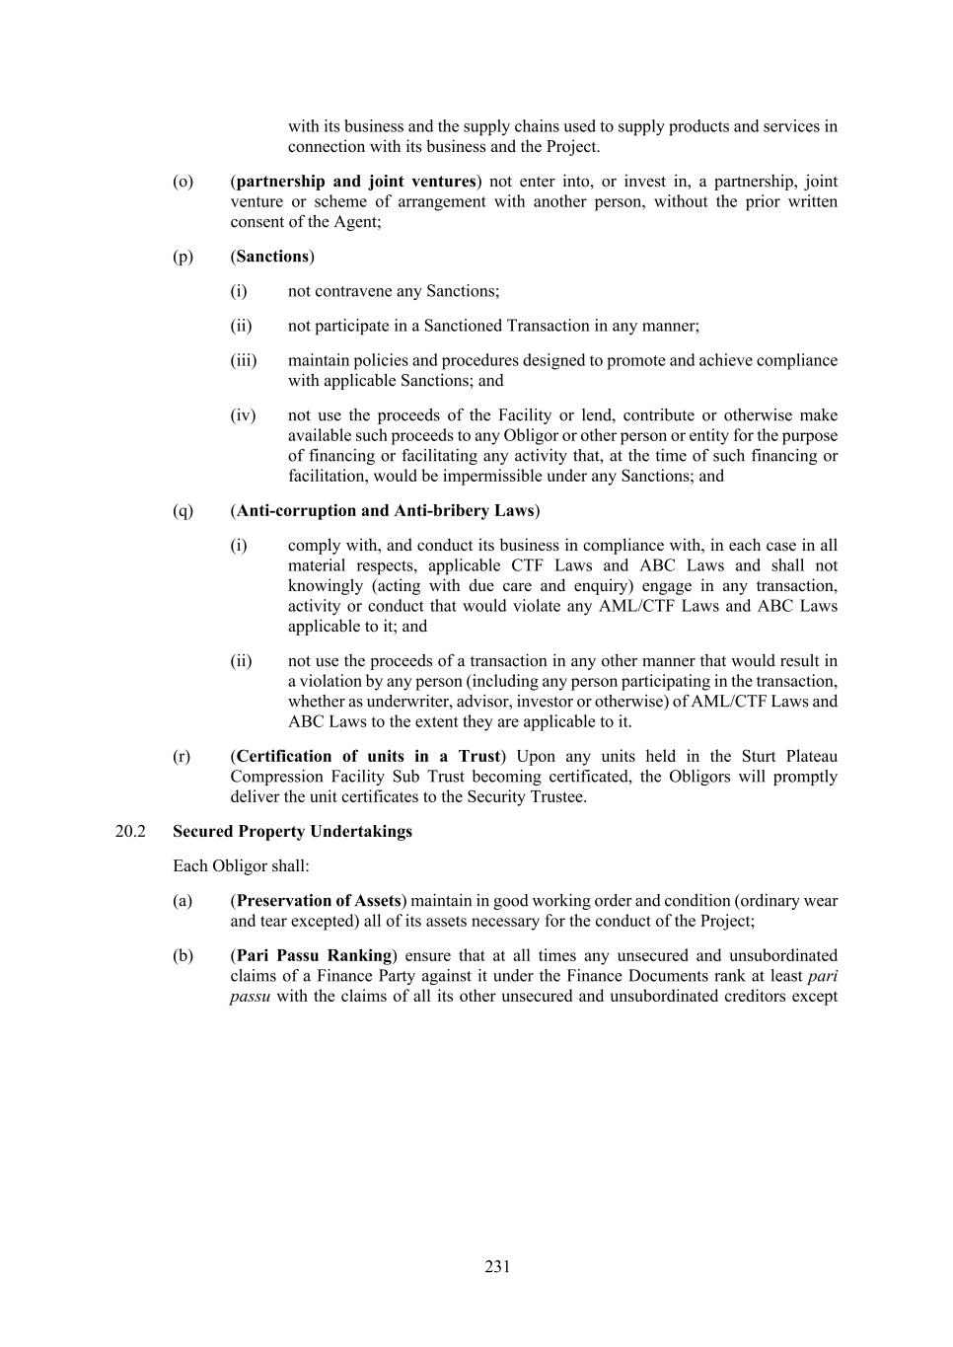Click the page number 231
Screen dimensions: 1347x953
tap(497, 1266)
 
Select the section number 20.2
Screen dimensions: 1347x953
tap(130, 831)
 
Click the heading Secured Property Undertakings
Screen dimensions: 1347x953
tap(292, 831)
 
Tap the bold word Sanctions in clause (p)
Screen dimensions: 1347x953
tap(272, 257)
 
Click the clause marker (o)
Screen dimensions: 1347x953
tap(183, 182)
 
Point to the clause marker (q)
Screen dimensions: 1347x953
tap(183, 510)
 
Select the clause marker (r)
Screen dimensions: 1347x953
tap(183, 756)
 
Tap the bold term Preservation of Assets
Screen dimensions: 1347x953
tap(319, 900)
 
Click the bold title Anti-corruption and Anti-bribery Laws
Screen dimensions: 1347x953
tap(385, 510)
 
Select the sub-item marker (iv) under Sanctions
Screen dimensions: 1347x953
tap(243, 415)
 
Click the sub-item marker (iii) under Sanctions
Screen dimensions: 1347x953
tap(243, 360)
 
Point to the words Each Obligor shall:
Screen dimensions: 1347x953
tap(241, 865)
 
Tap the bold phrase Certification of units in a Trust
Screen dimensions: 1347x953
tap(368, 756)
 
